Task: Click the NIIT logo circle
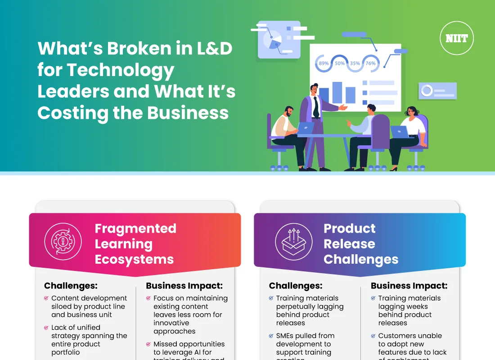tap(456, 38)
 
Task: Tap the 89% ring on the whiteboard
tap(324, 63)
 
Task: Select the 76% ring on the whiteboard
tap(370, 63)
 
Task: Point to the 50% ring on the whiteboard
tap(339, 63)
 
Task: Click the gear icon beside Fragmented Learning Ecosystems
tap(63, 241)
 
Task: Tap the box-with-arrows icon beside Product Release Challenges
tap(293, 241)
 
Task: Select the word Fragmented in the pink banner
tap(135, 229)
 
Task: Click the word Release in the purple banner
tap(349, 244)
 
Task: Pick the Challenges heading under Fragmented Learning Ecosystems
tap(71, 286)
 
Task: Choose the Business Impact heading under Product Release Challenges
tap(409, 286)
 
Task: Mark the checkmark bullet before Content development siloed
tap(46, 298)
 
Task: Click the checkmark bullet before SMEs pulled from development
tap(271, 336)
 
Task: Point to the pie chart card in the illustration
tap(272, 40)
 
